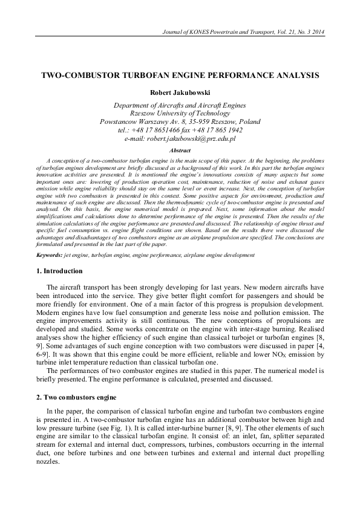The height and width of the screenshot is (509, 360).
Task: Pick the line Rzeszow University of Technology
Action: (x=180, y=112)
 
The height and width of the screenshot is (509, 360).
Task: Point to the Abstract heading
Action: (x=180, y=149)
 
